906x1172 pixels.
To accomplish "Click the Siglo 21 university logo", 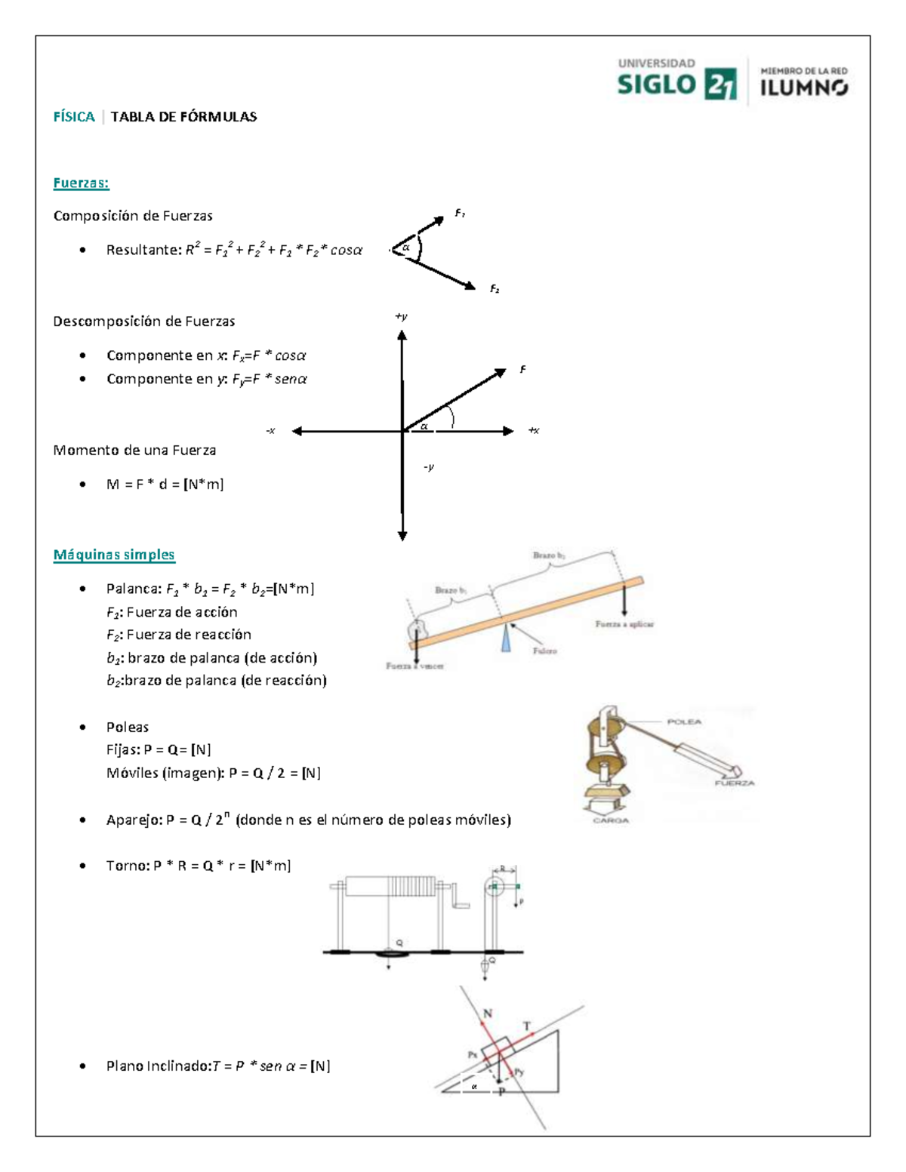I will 676,79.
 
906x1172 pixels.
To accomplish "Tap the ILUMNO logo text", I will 803,88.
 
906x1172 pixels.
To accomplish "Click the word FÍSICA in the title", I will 74,116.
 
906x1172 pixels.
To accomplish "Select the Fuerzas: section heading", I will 81,183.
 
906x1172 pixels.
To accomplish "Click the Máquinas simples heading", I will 114,555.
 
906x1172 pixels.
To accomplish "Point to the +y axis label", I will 402,316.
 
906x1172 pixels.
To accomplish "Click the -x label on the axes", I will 270,431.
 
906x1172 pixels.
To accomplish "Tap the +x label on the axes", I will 533,431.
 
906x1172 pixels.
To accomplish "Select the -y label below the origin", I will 428,467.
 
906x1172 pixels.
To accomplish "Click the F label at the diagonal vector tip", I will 522,369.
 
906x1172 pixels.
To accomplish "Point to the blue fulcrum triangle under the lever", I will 505,638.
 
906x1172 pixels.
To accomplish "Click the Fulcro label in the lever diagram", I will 544,651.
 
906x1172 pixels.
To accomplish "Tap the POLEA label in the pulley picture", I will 684,721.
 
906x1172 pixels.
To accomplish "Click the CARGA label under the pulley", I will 610,820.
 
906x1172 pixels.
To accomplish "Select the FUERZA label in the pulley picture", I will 735,783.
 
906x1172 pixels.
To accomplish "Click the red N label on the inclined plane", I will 488,1014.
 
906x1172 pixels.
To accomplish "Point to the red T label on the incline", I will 527,1026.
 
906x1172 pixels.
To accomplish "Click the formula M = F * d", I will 165,484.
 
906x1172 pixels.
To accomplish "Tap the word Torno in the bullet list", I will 126,866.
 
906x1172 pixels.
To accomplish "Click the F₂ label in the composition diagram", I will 495,289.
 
